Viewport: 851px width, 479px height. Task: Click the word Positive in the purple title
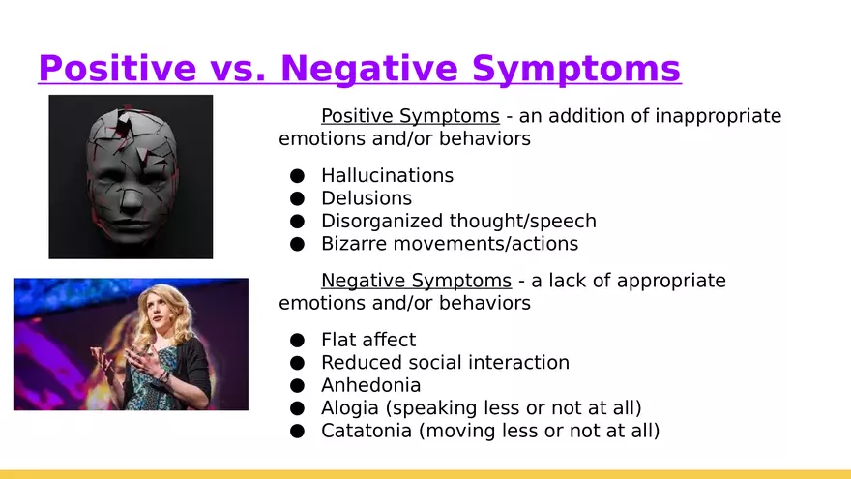117,69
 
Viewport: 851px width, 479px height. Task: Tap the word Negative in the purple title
369,69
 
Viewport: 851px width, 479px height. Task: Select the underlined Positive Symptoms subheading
410,116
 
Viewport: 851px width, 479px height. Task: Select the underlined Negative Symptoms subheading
416,281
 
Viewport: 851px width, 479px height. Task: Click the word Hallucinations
388,175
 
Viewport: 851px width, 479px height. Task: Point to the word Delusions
367,198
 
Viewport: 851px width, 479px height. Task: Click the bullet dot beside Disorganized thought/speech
297,221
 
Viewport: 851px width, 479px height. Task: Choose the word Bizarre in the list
354,244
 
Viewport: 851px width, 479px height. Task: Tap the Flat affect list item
368,340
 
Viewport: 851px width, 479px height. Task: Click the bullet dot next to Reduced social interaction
297,363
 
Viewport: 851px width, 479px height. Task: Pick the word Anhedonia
371,385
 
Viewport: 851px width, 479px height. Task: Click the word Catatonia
367,431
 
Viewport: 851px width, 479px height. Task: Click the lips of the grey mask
130,224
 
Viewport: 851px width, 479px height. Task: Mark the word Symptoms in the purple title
576,70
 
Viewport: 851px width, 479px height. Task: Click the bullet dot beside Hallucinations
297,175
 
